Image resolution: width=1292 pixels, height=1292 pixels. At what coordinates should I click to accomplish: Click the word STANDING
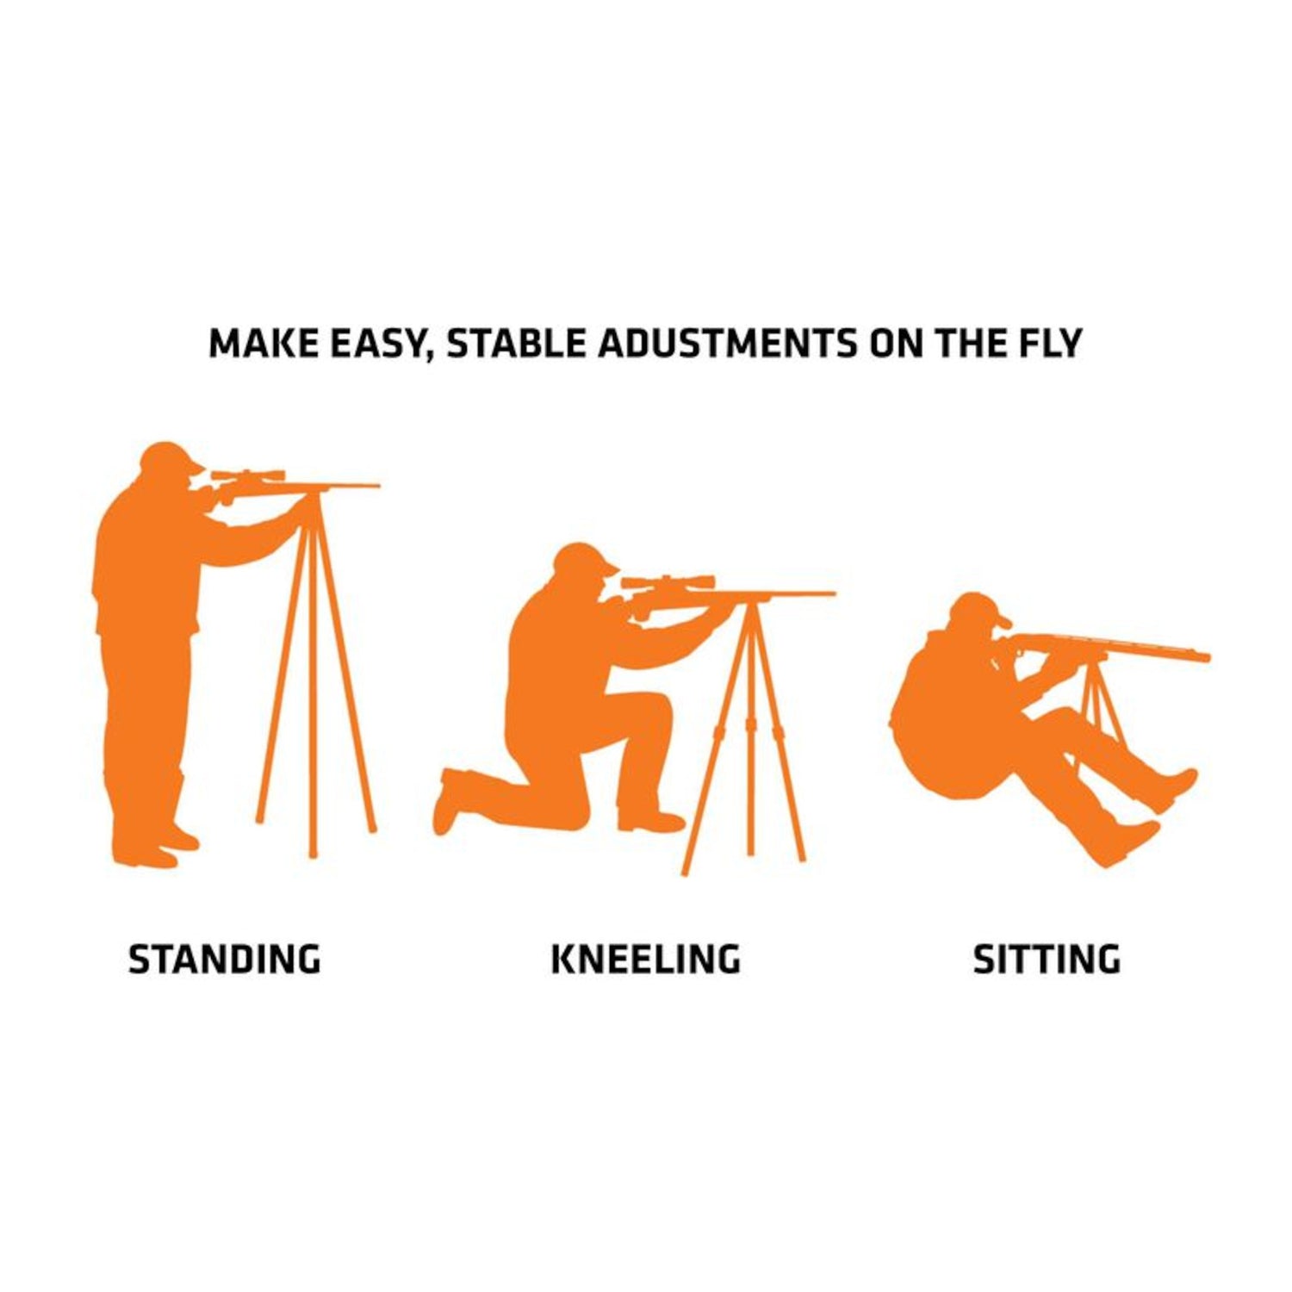tap(224, 959)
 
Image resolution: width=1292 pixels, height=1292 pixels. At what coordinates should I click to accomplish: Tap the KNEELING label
tap(645, 959)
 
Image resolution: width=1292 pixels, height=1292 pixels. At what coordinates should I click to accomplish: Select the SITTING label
tap(1047, 959)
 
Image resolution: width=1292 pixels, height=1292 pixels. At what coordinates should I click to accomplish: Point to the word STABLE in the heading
tap(518, 344)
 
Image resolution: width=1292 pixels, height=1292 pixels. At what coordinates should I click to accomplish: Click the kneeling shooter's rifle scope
tap(667, 581)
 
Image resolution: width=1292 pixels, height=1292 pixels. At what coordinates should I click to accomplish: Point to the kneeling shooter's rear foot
tap(448, 801)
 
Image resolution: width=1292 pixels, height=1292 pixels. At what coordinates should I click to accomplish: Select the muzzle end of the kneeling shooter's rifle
tap(832, 593)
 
